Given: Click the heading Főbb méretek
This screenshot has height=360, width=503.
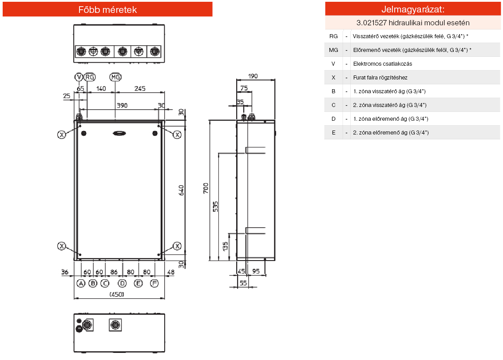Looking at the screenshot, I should pyautogui.click(x=107, y=9).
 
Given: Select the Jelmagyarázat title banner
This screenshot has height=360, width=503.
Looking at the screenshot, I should pyautogui.click(x=413, y=9).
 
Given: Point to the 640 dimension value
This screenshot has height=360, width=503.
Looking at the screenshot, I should pyautogui.click(x=181, y=190).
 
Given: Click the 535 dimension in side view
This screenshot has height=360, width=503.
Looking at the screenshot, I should pyautogui.click(x=215, y=207).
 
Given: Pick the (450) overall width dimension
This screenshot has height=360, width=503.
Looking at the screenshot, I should pyautogui.click(x=117, y=294).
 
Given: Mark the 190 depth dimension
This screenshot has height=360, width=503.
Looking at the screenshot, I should pyautogui.click(x=252, y=76).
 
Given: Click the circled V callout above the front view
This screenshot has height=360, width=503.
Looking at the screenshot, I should pyautogui.click(x=79, y=77).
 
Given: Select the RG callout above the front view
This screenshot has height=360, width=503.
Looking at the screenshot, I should pyautogui.click(x=90, y=77).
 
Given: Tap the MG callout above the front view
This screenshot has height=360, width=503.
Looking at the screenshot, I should pyautogui.click(x=115, y=77).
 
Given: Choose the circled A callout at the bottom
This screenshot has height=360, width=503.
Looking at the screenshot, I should pyautogui.click(x=80, y=283).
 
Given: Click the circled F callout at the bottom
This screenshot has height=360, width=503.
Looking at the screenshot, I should pyautogui.click(x=154, y=283).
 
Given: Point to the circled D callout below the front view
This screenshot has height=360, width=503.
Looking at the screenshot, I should pyautogui.click(x=123, y=283).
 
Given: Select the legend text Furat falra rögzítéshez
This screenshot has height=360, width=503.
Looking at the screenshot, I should pyautogui.click(x=380, y=77).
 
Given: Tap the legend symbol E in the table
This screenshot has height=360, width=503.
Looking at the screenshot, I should pyautogui.click(x=333, y=132).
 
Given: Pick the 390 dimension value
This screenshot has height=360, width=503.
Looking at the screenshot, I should pyautogui.click(x=122, y=106).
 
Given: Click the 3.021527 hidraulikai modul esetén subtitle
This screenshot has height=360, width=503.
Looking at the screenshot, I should pyautogui.click(x=413, y=23).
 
